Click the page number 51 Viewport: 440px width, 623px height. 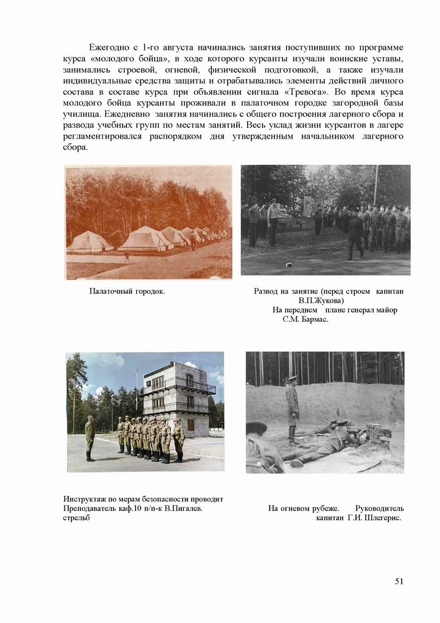(x=399, y=581)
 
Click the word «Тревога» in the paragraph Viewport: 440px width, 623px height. (x=307, y=92)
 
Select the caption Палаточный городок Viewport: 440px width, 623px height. (x=127, y=291)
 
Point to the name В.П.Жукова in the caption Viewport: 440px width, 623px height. (x=321, y=301)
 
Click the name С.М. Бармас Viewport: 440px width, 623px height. (x=306, y=319)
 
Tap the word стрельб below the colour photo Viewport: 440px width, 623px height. (x=77, y=518)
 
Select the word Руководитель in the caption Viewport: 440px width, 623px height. (x=379, y=508)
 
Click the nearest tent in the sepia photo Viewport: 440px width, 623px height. (x=89, y=242)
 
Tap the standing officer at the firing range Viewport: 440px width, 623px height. (x=293, y=408)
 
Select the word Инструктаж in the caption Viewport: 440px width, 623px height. (x=85, y=499)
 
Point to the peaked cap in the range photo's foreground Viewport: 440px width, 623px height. (x=256, y=428)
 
